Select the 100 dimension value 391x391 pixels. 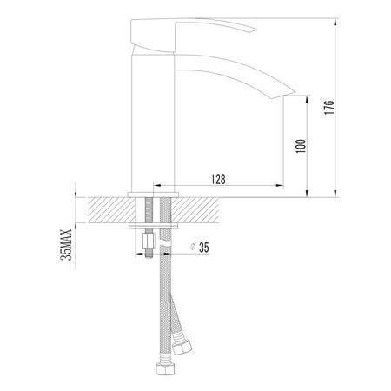(x=301, y=144)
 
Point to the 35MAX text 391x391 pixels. (x=63, y=245)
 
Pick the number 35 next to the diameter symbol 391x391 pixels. (x=204, y=248)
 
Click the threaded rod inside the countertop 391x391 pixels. (x=151, y=210)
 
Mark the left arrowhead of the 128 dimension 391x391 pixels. (x=158, y=187)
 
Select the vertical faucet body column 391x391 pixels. (x=155, y=122)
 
